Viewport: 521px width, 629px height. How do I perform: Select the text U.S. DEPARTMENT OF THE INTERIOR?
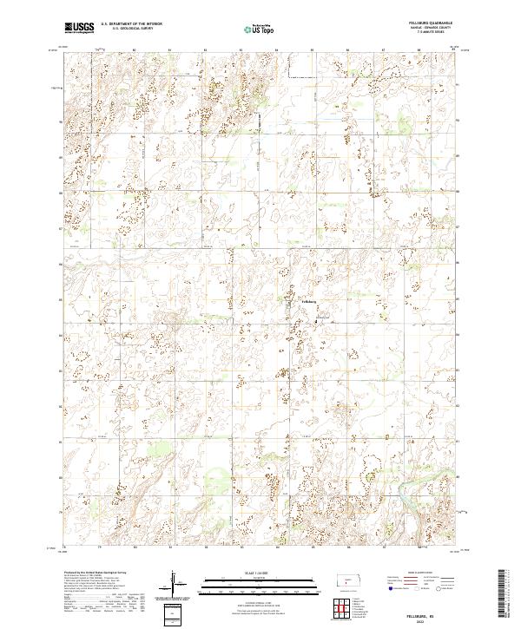click(130, 23)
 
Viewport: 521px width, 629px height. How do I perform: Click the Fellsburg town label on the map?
click(310, 301)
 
